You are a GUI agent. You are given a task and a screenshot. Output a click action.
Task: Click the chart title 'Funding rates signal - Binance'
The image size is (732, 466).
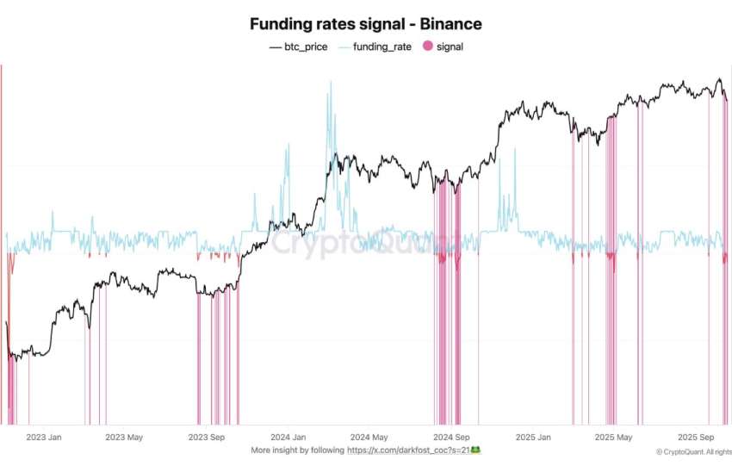pos(365,24)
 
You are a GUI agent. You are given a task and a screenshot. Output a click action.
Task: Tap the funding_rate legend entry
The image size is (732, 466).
pos(376,47)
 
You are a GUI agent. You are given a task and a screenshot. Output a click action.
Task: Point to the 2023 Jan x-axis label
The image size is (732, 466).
pos(42,438)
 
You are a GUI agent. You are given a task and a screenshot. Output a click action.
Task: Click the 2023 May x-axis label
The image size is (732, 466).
pos(123,438)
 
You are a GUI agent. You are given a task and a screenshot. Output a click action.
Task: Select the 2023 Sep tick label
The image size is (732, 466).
pos(207,438)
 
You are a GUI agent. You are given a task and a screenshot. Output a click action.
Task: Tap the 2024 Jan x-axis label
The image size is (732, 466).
pos(288,438)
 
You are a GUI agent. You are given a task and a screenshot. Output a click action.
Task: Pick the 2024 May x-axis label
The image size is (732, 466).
pos(369,438)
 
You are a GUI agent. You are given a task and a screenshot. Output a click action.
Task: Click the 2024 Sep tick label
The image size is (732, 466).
pos(451,438)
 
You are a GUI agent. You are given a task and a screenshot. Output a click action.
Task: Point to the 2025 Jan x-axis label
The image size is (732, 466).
pos(534,438)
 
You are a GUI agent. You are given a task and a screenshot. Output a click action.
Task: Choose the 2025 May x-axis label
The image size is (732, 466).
pos(615,438)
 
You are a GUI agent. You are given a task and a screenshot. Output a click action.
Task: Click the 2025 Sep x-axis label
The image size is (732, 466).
pos(698,438)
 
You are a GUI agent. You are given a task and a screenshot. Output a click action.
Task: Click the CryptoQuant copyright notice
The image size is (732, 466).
pos(692,452)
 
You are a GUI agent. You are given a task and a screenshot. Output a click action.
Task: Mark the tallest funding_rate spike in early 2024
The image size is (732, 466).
pos(329,83)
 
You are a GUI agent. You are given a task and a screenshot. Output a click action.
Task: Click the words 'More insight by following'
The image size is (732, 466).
pos(297,450)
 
